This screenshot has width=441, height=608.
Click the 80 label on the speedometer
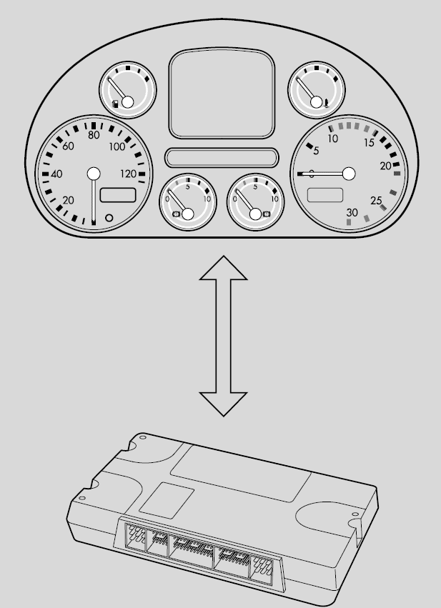pos(94,135)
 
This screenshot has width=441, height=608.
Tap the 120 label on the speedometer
pos(129,174)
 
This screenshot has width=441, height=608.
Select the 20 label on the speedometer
pos(69,201)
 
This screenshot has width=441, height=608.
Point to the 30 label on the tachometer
pos(352,212)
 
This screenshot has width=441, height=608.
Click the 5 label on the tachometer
pos(316,151)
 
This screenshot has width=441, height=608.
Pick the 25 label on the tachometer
pos(376,201)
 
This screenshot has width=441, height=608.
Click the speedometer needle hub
pos(94,174)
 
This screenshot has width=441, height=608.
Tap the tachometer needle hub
pos(349,174)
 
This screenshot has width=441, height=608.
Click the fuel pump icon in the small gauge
pos(115,104)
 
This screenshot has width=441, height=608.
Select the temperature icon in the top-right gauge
pos(327,103)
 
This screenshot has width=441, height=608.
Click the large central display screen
pos(222,93)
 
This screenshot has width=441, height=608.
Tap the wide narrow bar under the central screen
pos(222,158)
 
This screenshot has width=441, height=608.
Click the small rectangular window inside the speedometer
pos(118,195)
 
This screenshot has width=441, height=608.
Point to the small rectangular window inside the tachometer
pos(325,195)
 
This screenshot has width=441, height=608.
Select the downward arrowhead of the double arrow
pos(224,404)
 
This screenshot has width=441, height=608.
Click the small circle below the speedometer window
pos(109,218)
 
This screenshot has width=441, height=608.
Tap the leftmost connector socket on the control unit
pos(135,537)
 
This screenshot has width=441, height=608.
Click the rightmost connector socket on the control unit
pos(262,569)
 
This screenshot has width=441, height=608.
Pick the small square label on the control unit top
pos(167,501)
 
